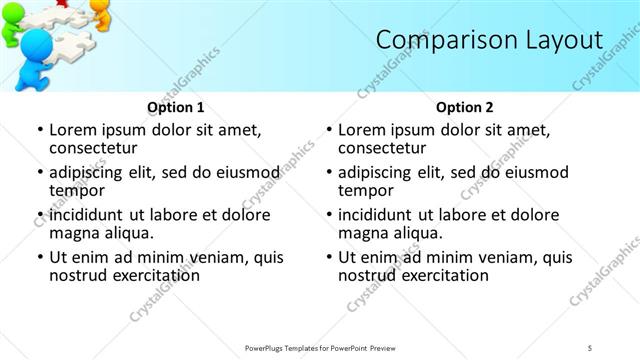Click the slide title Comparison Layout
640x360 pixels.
(x=489, y=40)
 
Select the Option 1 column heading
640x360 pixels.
(x=175, y=107)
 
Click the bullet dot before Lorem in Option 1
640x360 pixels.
(x=39, y=131)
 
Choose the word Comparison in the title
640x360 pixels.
(x=441, y=40)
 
